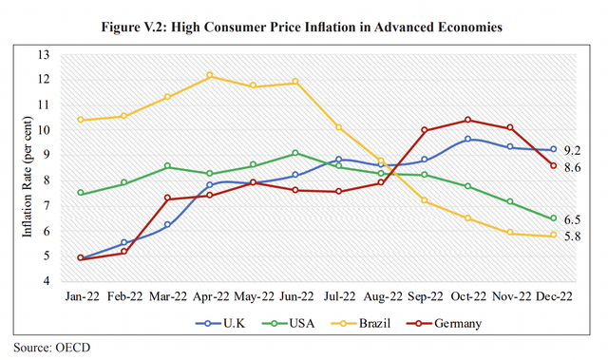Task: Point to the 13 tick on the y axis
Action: tap(44, 54)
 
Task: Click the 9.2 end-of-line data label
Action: tap(572, 150)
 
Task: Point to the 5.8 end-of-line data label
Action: tap(572, 236)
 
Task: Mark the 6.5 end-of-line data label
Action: tap(572, 218)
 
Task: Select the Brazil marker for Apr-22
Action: tap(210, 76)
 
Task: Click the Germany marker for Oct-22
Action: tap(468, 120)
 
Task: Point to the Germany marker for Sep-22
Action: tap(425, 130)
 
